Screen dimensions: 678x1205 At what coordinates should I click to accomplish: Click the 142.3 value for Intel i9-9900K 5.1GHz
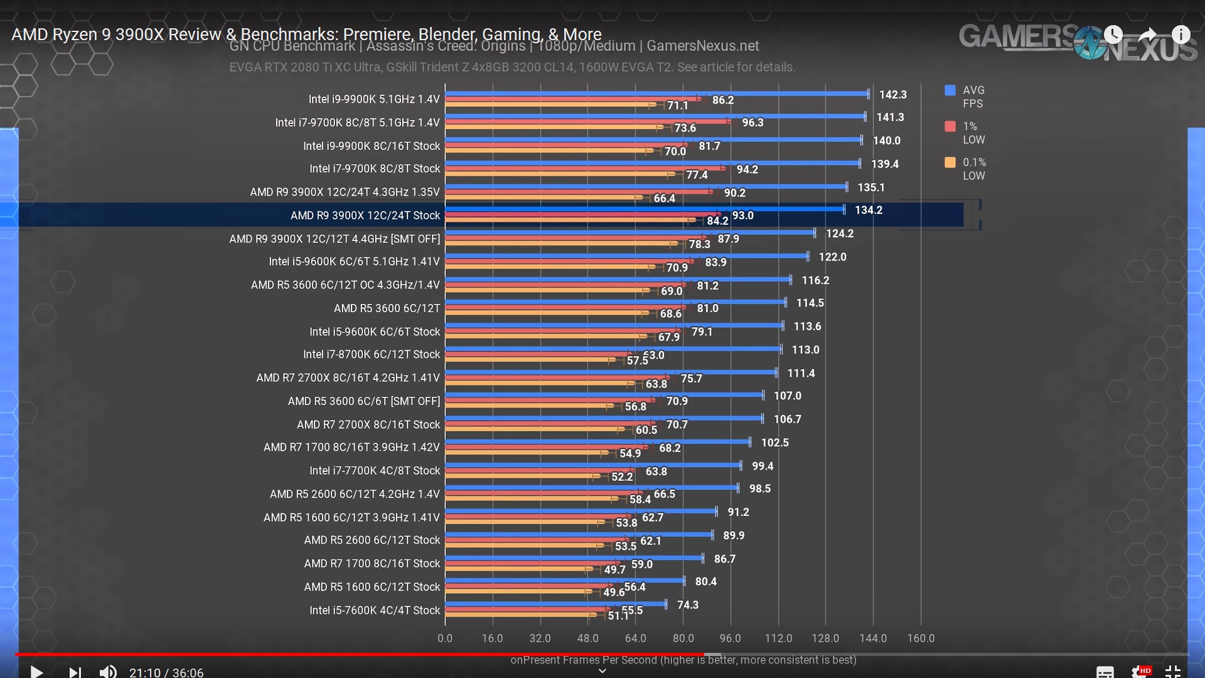tap(892, 95)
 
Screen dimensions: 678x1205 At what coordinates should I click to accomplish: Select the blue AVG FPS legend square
tap(950, 90)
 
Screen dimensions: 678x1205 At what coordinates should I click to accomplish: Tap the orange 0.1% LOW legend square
tap(950, 163)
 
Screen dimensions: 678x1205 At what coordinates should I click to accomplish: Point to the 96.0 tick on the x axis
tap(730, 638)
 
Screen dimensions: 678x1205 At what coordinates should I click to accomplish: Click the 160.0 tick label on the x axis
tap(921, 638)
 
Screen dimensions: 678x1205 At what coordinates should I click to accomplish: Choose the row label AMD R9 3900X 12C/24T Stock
tap(365, 215)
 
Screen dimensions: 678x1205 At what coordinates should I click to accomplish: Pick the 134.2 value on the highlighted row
tap(869, 210)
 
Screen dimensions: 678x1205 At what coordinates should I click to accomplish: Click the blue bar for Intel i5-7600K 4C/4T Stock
tap(555, 604)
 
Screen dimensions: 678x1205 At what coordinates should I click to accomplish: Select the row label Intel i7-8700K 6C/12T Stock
tap(372, 355)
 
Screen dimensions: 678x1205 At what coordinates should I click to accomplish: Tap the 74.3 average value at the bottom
tap(688, 605)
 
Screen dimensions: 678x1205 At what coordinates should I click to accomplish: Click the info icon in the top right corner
tap(1181, 35)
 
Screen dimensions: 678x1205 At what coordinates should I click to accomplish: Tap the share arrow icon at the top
tap(1147, 35)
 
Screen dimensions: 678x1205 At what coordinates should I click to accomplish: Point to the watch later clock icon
tap(1113, 35)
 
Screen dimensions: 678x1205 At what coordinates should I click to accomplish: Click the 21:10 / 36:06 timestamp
tap(166, 672)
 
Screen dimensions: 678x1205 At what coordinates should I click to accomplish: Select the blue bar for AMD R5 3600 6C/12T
tap(615, 303)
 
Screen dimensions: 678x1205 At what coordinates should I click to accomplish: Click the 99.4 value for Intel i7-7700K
tap(763, 466)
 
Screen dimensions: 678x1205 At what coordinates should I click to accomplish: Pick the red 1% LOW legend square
tap(950, 126)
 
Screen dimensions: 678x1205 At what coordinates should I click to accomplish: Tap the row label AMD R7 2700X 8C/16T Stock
tap(368, 425)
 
